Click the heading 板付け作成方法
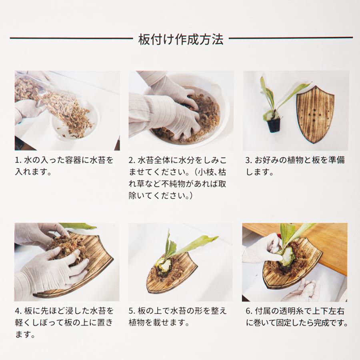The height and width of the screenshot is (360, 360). [180, 39]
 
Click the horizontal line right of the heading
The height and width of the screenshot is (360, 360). [290, 38]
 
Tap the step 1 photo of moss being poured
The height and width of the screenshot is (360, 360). [67, 110]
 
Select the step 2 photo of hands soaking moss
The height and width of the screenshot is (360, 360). [181, 110]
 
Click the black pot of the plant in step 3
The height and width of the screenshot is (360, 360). [274, 125]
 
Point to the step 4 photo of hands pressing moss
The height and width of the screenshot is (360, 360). [67, 262]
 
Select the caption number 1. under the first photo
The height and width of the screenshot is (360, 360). [18, 160]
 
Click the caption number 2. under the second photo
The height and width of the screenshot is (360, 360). [132, 160]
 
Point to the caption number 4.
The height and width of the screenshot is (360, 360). [18, 311]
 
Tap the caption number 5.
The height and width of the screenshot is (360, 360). [132, 311]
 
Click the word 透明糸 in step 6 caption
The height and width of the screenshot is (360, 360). [284, 311]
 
